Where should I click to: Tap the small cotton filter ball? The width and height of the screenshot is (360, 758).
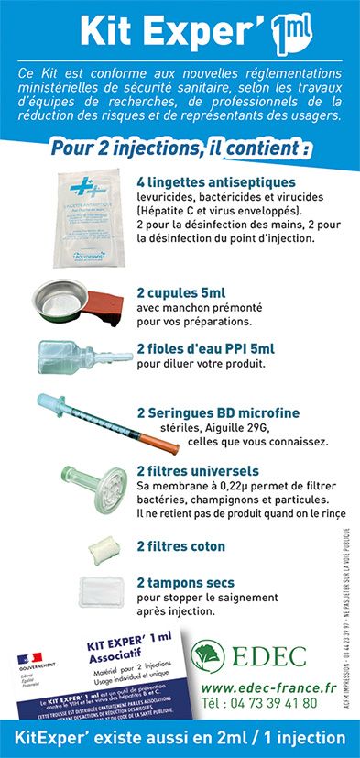pyautogui.click(x=97, y=549)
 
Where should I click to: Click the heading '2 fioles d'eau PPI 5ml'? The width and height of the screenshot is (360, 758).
pyautogui.click(x=205, y=348)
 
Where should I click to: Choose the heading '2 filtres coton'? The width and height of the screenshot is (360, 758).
pyautogui.click(x=180, y=546)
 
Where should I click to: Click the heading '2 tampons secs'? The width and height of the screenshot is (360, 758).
pyautogui.click(x=185, y=582)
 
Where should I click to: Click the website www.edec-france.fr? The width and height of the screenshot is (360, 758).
pyautogui.click(x=267, y=687)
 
